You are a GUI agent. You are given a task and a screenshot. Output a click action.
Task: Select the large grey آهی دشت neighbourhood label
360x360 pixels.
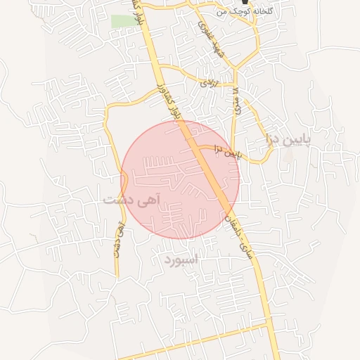coord(131,200)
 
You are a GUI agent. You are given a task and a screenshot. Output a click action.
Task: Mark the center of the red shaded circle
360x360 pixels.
coord(180,179)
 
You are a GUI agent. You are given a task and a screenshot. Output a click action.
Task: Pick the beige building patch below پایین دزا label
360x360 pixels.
coord(288,154)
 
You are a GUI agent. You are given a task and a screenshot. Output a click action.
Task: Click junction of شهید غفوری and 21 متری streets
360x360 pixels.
coord(236,70)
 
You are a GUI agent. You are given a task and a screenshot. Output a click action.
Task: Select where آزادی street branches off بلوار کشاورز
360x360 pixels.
coord(160,67)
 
